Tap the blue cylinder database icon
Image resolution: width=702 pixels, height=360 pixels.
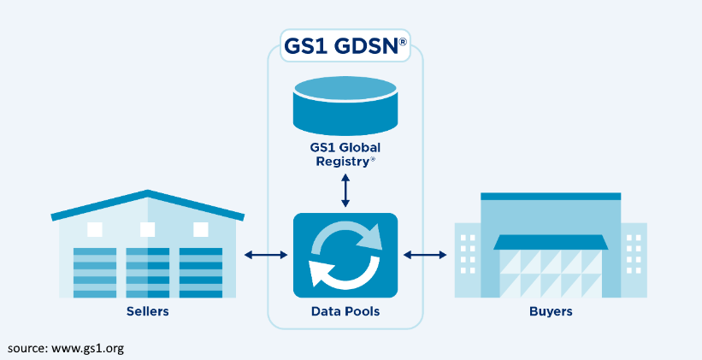345,104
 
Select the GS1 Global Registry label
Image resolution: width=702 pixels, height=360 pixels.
345,153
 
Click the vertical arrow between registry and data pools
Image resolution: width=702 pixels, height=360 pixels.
345,190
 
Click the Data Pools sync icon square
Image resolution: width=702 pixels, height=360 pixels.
345,254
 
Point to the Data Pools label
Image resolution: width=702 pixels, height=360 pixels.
345,311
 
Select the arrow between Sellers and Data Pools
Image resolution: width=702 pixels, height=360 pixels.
266,255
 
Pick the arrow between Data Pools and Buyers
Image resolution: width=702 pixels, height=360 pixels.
425,255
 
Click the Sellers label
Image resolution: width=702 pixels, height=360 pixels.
147,311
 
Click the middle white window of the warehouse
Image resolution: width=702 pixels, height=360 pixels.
148,229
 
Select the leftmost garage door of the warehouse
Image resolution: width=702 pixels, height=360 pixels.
94,273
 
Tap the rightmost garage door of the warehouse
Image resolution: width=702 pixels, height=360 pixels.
201,273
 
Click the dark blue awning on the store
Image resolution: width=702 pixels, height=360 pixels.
551,242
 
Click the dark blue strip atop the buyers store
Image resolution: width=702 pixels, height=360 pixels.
550,196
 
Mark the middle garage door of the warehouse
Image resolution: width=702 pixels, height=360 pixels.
148,273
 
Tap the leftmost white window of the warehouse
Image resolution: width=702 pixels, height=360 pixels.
95,229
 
